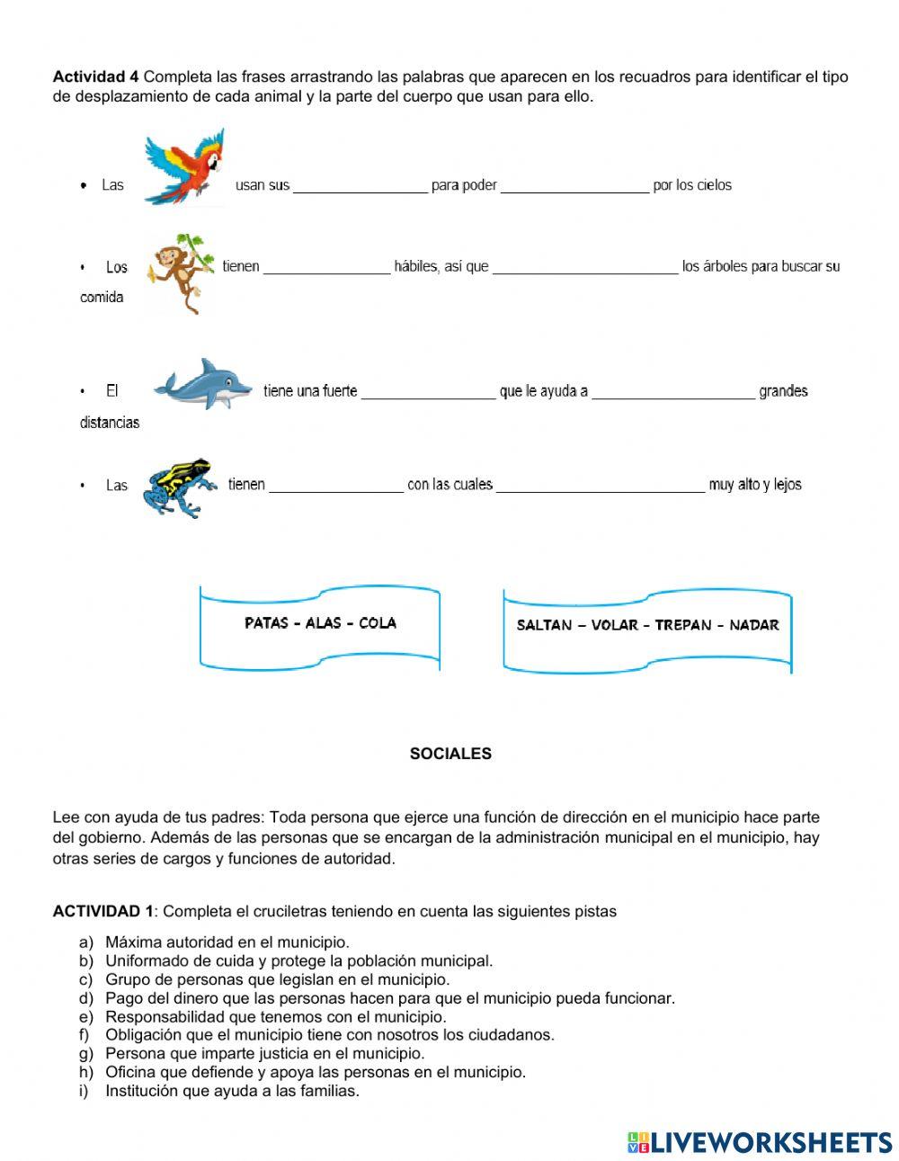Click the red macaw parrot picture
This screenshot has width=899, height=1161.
[185, 168]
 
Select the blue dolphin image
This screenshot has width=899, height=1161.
[203, 385]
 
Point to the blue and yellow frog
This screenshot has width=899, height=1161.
[181, 487]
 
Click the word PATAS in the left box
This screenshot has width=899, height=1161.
[266, 622]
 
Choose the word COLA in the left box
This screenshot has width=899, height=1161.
[378, 622]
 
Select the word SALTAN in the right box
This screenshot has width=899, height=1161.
[544, 625]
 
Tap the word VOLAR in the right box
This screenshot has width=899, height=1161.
[615, 625]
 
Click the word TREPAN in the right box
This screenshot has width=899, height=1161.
[683, 625]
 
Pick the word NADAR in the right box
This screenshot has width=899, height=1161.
[754, 625]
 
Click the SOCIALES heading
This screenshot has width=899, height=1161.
[450, 754]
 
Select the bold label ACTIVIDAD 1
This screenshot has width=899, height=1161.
[102, 911]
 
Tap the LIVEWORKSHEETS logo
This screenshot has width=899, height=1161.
[759, 1142]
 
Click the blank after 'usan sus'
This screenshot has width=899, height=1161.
[360, 186]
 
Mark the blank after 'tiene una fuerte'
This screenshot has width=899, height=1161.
[428, 391]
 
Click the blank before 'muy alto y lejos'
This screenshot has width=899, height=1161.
[600, 485]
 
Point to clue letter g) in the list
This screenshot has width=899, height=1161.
[86, 1053]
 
